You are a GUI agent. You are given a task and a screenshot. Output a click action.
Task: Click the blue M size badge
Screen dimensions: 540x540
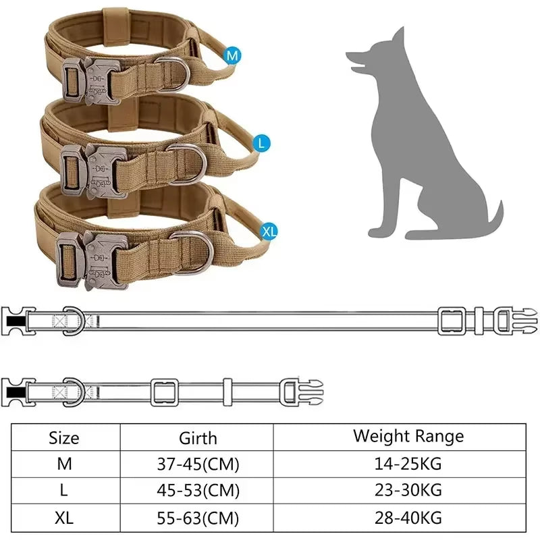point(233,57)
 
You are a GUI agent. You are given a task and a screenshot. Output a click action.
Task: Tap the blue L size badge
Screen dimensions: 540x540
point(263,143)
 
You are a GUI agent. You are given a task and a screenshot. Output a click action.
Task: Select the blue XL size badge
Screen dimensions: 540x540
point(269,232)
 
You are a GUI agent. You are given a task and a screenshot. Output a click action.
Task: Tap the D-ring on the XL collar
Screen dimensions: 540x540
point(192,249)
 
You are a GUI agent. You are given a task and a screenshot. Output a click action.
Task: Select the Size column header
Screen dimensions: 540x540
point(64,437)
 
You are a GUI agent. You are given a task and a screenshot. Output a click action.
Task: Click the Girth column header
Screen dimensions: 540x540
point(198,437)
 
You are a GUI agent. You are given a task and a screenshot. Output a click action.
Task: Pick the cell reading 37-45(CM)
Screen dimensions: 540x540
point(198,464)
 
